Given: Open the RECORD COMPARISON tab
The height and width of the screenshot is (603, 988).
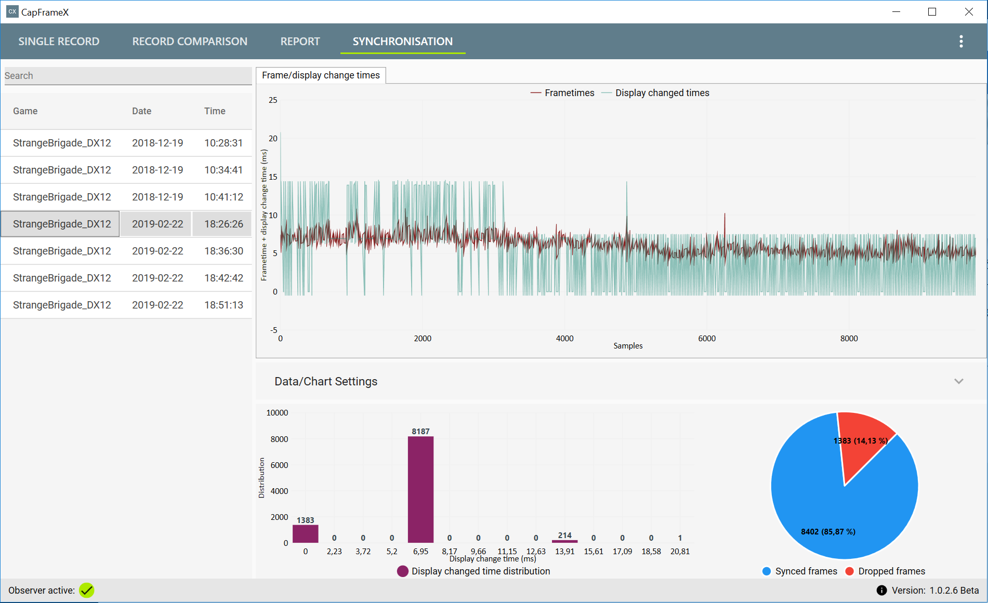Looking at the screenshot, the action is tap(190, 42).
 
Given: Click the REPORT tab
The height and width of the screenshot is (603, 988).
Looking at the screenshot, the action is tap(300, 42).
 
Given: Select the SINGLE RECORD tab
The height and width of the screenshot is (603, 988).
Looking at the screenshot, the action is tap(59, 42).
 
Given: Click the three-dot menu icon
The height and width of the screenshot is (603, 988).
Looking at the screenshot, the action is tap(961, 42).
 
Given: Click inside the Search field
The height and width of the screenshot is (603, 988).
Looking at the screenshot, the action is tap(127, 76).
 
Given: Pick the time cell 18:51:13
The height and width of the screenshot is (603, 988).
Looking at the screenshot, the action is tap(223, 305).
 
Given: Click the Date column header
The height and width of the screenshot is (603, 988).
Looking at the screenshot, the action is tap(141, 111).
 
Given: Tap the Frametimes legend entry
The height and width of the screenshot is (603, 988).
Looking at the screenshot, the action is tap(562, 93).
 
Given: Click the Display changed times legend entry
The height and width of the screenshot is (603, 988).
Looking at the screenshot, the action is tap(655, 93).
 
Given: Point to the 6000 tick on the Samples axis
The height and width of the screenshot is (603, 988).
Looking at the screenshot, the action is tap(707, 339).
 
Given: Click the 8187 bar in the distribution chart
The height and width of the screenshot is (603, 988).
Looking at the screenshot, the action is tap(420, 489).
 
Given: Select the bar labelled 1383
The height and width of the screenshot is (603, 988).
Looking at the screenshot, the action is tap(306, 534).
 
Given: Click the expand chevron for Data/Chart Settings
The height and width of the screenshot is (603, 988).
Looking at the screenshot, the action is tap(959, 381).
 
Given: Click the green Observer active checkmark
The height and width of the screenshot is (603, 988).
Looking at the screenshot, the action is tap(87, 591).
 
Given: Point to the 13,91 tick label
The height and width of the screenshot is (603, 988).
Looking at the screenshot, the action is tap(565, 552).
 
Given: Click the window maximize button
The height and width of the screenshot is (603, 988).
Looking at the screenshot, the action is tap(932, 12).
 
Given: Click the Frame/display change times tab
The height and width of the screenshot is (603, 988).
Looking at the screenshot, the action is tap(321, 75).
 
